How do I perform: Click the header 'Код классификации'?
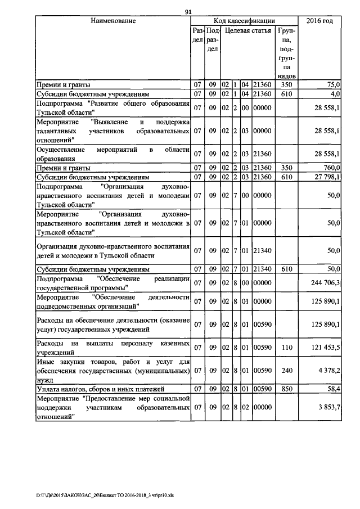coord(244,21)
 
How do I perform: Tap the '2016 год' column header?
coord(319,21)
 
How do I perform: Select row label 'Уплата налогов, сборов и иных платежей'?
coord(92,388)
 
